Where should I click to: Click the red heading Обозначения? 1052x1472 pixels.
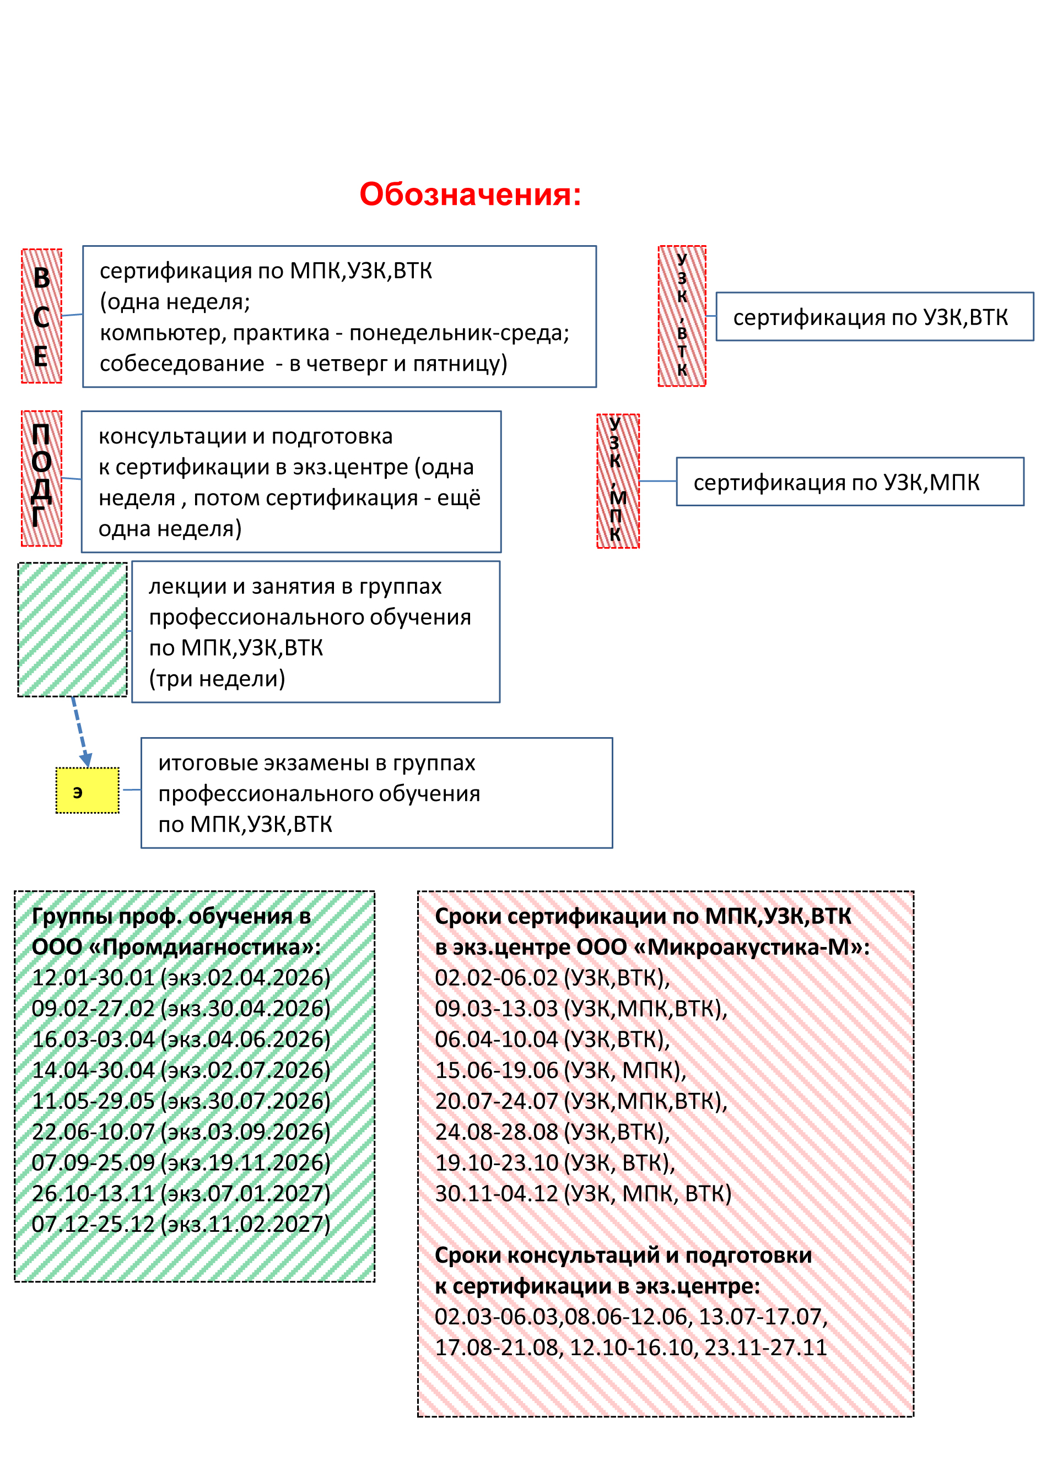(470, 194)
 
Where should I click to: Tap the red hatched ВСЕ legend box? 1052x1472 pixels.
(41, 316)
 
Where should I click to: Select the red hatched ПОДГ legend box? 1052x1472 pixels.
(41, 479)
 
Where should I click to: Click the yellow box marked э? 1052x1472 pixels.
(88, 790)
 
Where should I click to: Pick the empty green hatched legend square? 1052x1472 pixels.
(73, 630)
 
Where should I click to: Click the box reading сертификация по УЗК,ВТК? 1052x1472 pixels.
(875, 317)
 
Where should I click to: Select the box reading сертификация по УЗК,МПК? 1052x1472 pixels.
(850, 482)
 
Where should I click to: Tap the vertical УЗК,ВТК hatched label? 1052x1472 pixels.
(682, 316)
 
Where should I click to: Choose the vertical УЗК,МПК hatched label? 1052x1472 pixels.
(618, 481)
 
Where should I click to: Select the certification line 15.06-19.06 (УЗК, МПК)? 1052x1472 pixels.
(560, 1070)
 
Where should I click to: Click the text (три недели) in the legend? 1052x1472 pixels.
(217, 678)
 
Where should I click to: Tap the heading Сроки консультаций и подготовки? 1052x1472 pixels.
(623, 1255)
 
